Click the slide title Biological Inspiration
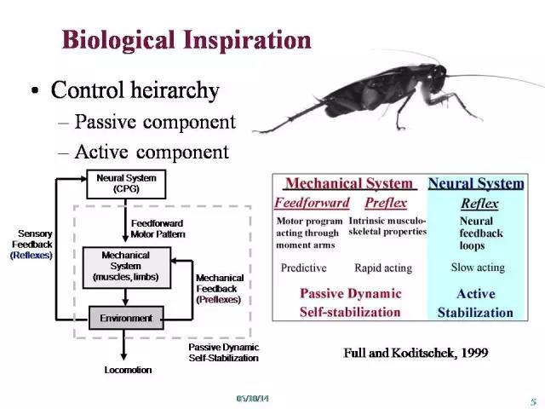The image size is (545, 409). click(x=186, y=41)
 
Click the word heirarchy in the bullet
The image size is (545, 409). click(x=175, y=90)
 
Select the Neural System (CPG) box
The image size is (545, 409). click(x=126, y=184)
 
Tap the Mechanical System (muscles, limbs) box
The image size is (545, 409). click(x=127, y=268)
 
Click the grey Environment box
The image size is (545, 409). click(x=126, y=318)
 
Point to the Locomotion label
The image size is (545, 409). click(x=128, y=370)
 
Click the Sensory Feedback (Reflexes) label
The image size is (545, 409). click(x=32, y=245)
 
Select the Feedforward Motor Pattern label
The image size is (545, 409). click(x=158, y=229)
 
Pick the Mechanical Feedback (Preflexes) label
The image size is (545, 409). click(x=220, y=289)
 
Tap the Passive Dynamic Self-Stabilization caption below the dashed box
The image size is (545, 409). click(x=224, y=353)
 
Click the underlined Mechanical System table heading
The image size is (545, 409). click(x=349, y=183)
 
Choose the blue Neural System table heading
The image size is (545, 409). click(x=476, y=183)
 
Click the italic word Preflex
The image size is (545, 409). click(x=386, y=203)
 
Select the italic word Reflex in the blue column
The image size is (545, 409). click(x=479, y=204)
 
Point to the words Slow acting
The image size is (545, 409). click(x=478, y=267)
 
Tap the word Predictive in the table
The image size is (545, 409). click(x=303, y=268)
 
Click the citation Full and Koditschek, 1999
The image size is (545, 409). click(x=416, y=353)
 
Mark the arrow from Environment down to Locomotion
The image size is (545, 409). click(x=123, y=344)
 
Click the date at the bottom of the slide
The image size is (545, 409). click(x=253, y=399)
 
